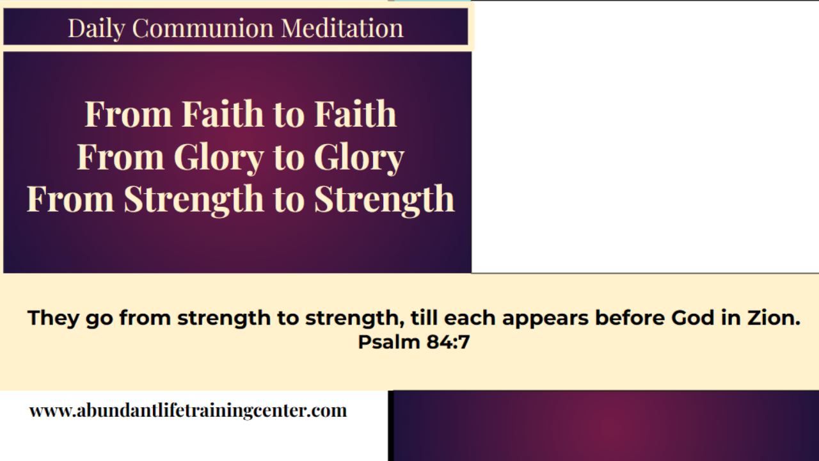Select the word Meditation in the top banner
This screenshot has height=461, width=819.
click(342, 28)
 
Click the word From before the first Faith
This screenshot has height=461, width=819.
click(129, 114)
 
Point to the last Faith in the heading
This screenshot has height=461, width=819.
click(355, 114)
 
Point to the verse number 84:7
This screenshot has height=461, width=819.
click(449, 343)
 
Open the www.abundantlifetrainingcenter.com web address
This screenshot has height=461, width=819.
click(188, 410)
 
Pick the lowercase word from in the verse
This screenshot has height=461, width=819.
click(145, 318)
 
